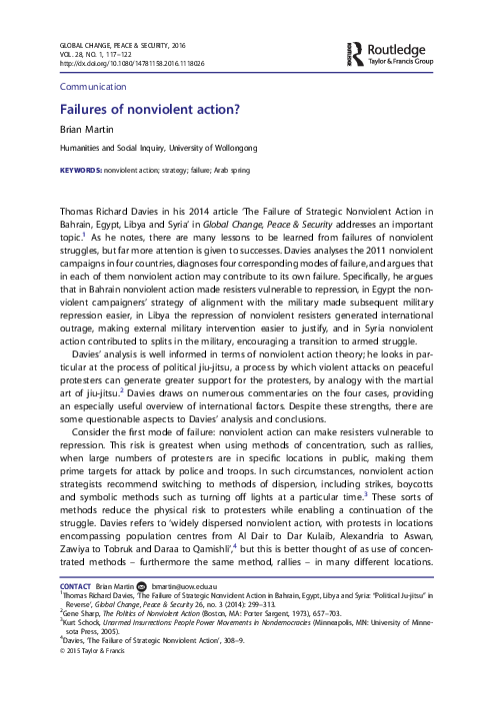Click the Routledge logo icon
(x=353, y=52)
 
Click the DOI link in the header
(x=119, y=62)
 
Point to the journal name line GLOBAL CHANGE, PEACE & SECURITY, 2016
(x=123, y=44)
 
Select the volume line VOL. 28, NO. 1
(x=82, y=53)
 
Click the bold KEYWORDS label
(x=82, y=171)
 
